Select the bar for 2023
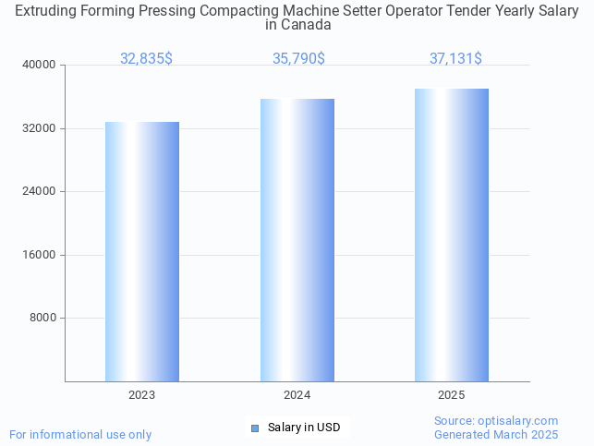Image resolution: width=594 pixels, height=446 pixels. coord(142,251)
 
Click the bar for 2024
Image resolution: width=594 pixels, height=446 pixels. coord(297,240)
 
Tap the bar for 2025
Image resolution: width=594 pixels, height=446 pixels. coord(452,235)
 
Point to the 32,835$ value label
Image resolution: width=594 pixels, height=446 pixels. coord(146,58)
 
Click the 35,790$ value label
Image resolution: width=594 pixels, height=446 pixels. coord(298,58)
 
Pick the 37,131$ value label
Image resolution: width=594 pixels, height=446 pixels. coord(455,58)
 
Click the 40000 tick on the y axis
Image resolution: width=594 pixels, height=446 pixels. coord(39,66)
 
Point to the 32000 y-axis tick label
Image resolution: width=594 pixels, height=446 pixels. coord(39,128)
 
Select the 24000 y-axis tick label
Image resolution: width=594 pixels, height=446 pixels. coord(39,192)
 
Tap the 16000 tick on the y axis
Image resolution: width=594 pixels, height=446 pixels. coord(39,255)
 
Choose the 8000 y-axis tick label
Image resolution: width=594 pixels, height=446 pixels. coord(42,319)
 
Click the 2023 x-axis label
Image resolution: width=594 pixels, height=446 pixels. coord(142,394)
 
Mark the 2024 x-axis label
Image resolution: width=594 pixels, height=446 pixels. coord(297,394)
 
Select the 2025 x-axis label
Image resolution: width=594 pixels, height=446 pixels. coord(452,394)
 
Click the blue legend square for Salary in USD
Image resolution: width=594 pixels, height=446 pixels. coord(255,428)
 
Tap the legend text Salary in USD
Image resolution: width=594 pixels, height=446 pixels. coord(304,428)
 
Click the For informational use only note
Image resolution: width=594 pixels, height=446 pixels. coord(80,434)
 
